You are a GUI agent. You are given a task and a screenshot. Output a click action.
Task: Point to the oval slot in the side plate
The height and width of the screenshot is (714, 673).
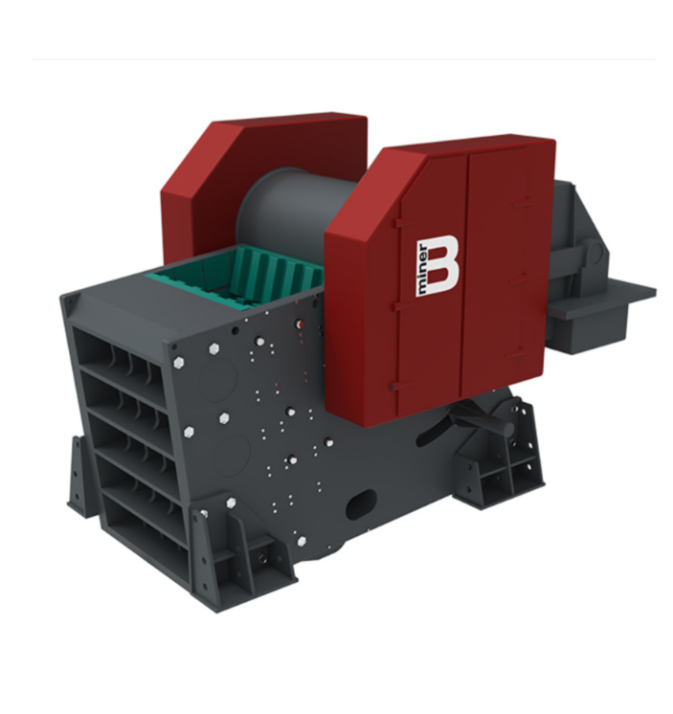(x=361, y=504)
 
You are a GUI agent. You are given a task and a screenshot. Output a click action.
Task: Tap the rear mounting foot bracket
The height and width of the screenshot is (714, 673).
(x=501, y=460)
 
